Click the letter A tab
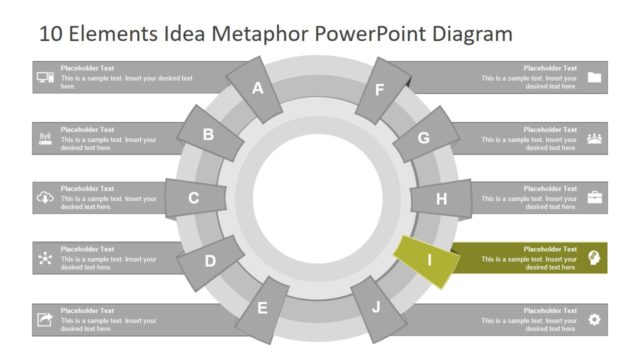(x=257, y=88)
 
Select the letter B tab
(x=209, y=135)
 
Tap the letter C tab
(x=193, y=198)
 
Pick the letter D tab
(x=210, y=261)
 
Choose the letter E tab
(x=263, y=307)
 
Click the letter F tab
(x=380, y=89)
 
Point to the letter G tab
(x=424, y=138)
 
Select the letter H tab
(x=441, y=199)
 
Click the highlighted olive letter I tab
(x=428, y=260)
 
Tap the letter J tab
(x=377, y=307)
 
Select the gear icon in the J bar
(x=595, y=320)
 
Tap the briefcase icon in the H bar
(x=595, y=198)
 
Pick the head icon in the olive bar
(x=595, y=258)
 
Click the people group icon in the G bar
(x=595, y=138)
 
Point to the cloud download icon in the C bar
(x=45, y=198)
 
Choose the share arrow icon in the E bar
(x=45, y=320)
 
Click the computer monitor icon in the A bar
(x=45, y=78)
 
